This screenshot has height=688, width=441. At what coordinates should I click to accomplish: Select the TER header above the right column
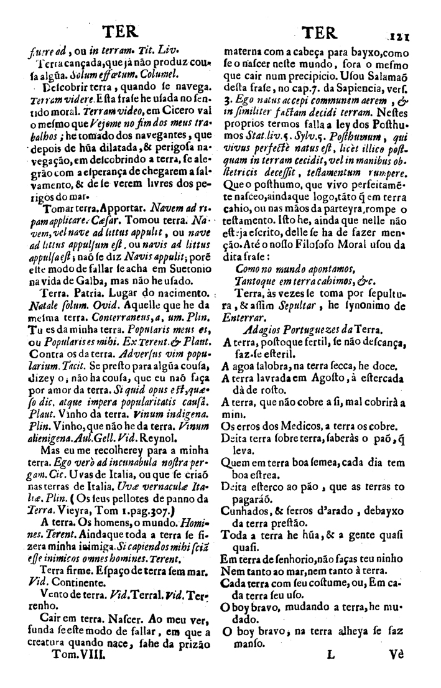(317, 32)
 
